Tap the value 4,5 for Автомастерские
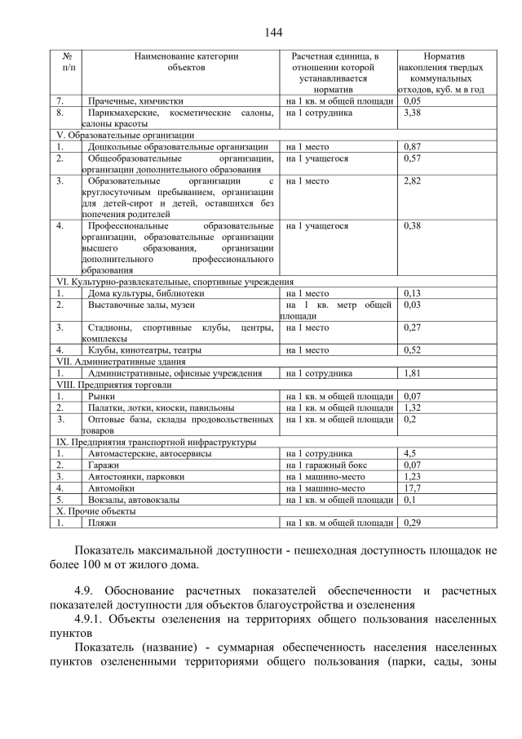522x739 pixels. [x=410, y=453]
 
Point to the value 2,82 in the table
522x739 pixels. [x=412, y=180]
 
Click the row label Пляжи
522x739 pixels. [x=101, y=522]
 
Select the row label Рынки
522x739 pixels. [x=102, y=396]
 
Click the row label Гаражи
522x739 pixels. [x=104, y=465]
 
